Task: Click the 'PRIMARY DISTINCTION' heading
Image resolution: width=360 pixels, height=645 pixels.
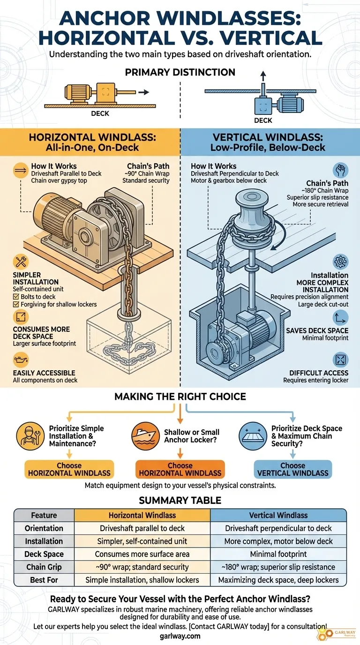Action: [x=180, y=73]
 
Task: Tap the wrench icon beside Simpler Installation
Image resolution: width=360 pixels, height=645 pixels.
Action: [x=22, y=262]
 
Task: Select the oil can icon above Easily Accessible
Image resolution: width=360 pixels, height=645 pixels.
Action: [x=22, y=361]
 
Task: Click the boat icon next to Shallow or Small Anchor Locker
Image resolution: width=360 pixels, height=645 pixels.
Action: [x=146, y=436]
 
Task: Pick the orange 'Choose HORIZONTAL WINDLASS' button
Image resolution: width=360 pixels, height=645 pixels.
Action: [x=180, y=469]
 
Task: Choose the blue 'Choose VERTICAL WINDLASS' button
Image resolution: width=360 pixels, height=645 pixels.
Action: [x=292, y=469]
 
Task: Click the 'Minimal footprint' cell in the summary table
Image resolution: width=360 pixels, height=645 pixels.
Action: [x=278, y=554]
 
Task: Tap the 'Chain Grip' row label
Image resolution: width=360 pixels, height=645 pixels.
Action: [x=44, y=567]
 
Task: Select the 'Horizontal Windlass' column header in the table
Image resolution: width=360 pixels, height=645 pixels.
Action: [x=142, y=515]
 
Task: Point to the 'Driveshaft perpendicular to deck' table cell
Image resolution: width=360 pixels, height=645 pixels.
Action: [x=278, y=528]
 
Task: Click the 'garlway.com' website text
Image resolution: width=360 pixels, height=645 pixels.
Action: [x=180, y=636]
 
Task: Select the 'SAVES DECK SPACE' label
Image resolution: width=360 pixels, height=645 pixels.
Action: [x=317, y=330]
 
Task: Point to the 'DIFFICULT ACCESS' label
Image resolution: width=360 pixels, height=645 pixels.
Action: [x=319, y=373]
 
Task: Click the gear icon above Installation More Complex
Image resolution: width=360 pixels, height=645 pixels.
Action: [x=340, y=262]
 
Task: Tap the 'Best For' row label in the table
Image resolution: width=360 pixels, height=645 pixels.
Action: [x=44, y=580]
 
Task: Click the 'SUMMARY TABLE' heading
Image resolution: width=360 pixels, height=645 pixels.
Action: [x=180, y=500]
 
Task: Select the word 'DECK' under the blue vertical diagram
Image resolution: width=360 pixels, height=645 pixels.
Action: [x=263, y=120]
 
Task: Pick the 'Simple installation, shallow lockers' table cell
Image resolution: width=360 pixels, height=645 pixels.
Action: [x=142, y=580]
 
